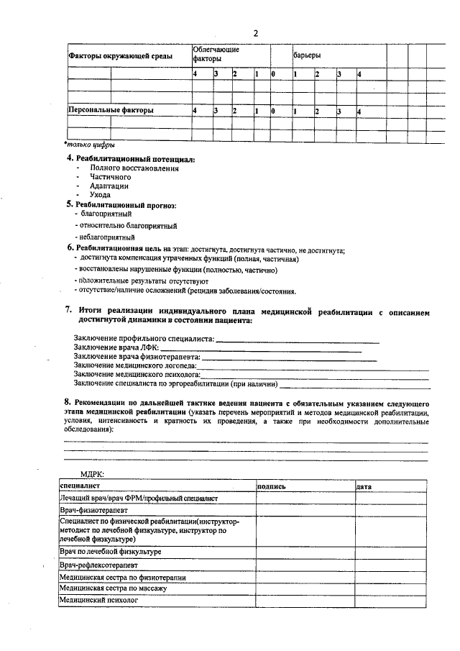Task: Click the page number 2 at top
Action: (x=255, y=32)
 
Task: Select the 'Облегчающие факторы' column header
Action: (x=216, y=53)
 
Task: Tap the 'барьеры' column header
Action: (x=307, y=55)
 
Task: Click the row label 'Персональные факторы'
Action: (x=110, y=111)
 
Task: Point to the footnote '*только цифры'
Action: (x=89, y=144)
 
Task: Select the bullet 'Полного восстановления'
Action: (x=134, y=168)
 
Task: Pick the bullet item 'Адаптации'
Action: (x=109, y=186)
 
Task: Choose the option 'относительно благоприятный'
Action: (x=119, y=225)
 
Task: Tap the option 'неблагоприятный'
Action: (x=107, y=237)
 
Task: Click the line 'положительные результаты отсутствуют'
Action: (x=144, y=281)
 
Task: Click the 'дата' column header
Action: (x=364, y=487)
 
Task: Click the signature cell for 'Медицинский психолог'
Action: (x=305, y=599)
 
